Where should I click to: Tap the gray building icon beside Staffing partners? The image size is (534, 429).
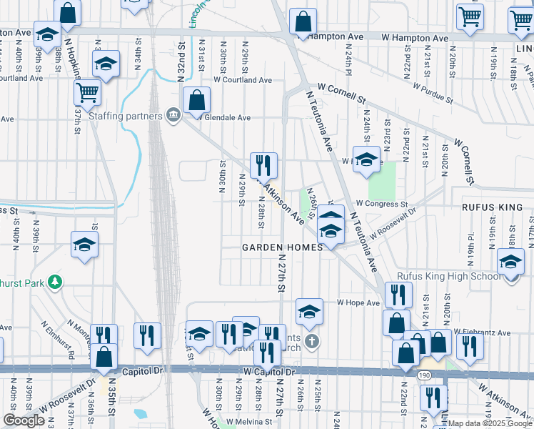click(173, 115)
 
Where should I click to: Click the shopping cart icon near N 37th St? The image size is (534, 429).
click(86, 92)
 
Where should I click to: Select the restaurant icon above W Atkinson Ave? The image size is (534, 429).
click(263, 165)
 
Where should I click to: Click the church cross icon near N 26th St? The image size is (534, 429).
click(311, 341)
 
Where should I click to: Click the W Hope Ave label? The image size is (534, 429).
click(356, 302)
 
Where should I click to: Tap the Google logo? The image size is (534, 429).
click(24, 420)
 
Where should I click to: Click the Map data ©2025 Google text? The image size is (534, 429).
click(493, 423)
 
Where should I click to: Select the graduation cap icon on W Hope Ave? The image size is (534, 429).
click(308, 310)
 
